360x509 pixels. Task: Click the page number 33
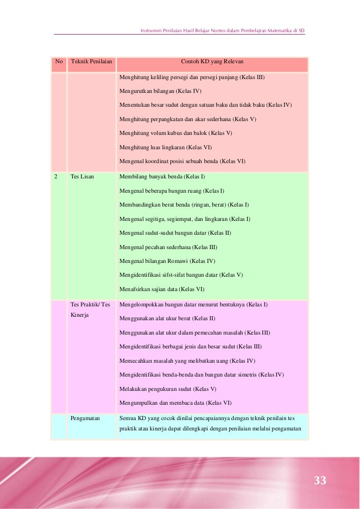(320, 480)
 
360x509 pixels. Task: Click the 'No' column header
(59, 62)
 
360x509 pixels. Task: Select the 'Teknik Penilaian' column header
(92, 62)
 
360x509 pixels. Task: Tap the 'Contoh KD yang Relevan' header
(212, 62)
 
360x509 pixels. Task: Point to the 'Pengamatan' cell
(85, 418)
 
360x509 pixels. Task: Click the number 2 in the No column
(56, 176)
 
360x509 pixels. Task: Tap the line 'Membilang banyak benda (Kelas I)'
(162, 176)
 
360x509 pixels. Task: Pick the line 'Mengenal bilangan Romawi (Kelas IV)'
(167, 260)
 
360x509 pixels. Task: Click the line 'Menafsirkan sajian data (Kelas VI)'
(161, 289)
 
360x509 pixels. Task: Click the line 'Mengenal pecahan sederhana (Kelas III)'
(168, 247)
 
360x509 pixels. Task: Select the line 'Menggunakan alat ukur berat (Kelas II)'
(167, 318)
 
